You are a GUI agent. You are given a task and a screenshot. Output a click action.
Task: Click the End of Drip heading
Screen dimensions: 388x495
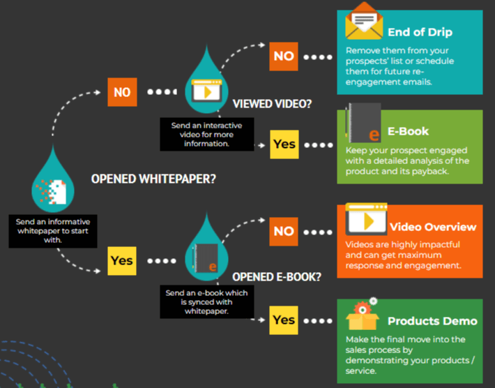420,31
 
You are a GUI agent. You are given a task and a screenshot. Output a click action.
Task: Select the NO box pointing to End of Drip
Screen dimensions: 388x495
284,56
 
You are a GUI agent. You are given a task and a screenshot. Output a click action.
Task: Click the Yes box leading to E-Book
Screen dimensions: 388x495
284,144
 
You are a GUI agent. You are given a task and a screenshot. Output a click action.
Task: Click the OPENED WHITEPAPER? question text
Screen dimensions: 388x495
153,179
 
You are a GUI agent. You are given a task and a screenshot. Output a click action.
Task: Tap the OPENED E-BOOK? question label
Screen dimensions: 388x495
277,276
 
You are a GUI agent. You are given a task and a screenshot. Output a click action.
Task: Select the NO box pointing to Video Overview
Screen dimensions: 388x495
284,231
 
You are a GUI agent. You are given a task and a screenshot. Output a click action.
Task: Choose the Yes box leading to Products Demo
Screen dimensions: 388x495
284,320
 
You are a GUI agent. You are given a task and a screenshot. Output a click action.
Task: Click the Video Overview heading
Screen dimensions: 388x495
433,227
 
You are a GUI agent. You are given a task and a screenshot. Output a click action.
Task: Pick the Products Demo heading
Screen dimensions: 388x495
432,321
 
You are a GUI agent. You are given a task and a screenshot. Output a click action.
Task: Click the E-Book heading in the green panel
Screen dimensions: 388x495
409,131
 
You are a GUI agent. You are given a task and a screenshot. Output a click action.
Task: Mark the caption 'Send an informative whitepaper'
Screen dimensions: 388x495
53,230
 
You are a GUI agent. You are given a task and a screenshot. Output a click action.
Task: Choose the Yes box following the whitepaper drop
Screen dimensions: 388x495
122,260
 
